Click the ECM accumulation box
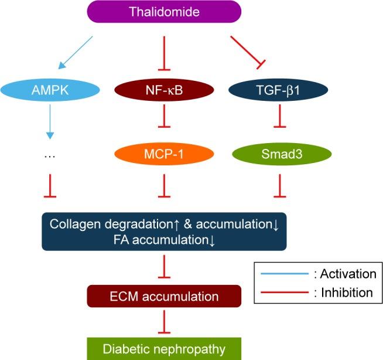click(163, 296)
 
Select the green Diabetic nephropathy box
click(163, 349)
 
